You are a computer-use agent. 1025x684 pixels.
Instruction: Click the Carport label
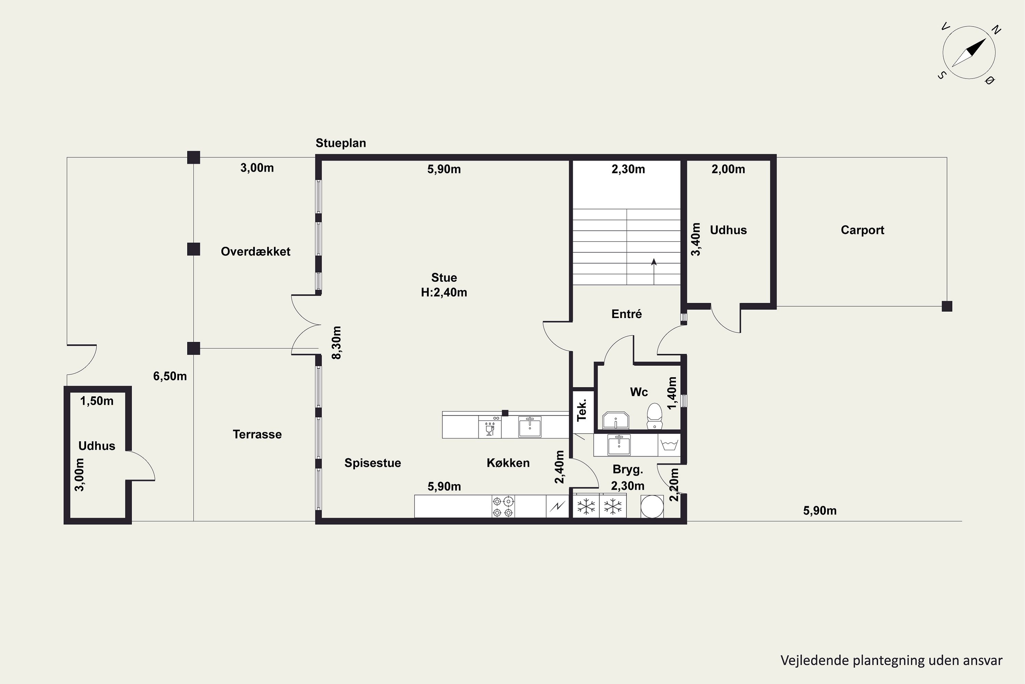pyautogui.click(x=862, y=230)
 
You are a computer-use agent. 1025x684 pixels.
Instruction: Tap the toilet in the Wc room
pyautogui.click(x=654, y=417)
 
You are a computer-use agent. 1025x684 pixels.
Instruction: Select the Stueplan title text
pyautogui.click(x=341, y=143)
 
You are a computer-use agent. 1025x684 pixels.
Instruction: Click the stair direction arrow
pyautogui.click(x=654, y=271)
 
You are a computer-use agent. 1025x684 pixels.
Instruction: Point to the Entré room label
pyautogui.click(x=627, y=314)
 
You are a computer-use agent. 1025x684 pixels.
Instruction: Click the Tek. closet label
pyautogui.click(x=582, y=410)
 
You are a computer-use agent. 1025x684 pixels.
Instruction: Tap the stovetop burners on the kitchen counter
pyautogui.click(x=503, y=507)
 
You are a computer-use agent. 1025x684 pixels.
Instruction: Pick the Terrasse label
pyautogui.click(x=257, y=434)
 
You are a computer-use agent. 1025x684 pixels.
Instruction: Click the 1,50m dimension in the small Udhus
pyautogui.click(x=97, y=401)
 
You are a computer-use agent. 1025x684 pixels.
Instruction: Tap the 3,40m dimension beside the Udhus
pyautogui.click(x=696, y=239)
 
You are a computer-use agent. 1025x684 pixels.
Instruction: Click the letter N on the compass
pyautogui.click(x=996, y=30)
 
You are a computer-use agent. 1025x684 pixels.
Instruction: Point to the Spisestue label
pyautogui.click(x=373, y=463)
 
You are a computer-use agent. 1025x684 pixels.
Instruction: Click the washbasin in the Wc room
pyautogui.click(x=615, y=420)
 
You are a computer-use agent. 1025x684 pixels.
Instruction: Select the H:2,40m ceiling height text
pyautogui.click(x=444, y=292)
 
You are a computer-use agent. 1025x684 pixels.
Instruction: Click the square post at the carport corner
pyautogui.click(x=947, y=306)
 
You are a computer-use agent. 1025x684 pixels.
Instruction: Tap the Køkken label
pyautogui.click(x=508, y=463)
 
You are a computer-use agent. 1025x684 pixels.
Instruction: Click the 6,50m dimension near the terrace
pyautogui.click(x=170, y=376)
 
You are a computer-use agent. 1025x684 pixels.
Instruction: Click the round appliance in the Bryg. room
pyautogui.click(x=652, y=507)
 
